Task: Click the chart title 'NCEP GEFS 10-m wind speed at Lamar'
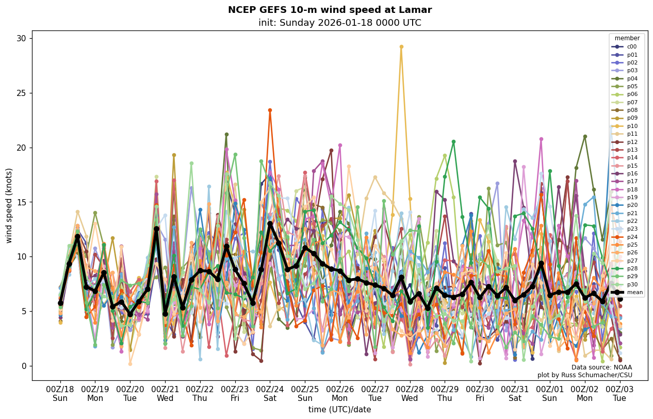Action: (330, 10)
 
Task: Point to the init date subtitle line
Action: (339, 23)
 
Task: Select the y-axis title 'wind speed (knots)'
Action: (9, 205)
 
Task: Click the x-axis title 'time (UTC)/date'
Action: (339, 410)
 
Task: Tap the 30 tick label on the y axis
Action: (22, 39)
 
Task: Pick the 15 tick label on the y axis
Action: (22, 202)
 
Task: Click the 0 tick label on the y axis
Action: (24, 366)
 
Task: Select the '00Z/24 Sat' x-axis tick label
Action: (270, 394)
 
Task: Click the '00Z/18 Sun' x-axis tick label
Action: (60, 394)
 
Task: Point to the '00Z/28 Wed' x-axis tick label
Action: (410, 394)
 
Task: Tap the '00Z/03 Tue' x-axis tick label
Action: (619, 394)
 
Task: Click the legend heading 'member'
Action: (627, 38)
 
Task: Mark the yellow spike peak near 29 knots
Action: (401, 47)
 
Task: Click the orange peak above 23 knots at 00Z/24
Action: (270, 110)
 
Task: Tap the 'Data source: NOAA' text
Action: (601, 367)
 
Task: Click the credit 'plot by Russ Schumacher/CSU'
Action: (584, 375)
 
